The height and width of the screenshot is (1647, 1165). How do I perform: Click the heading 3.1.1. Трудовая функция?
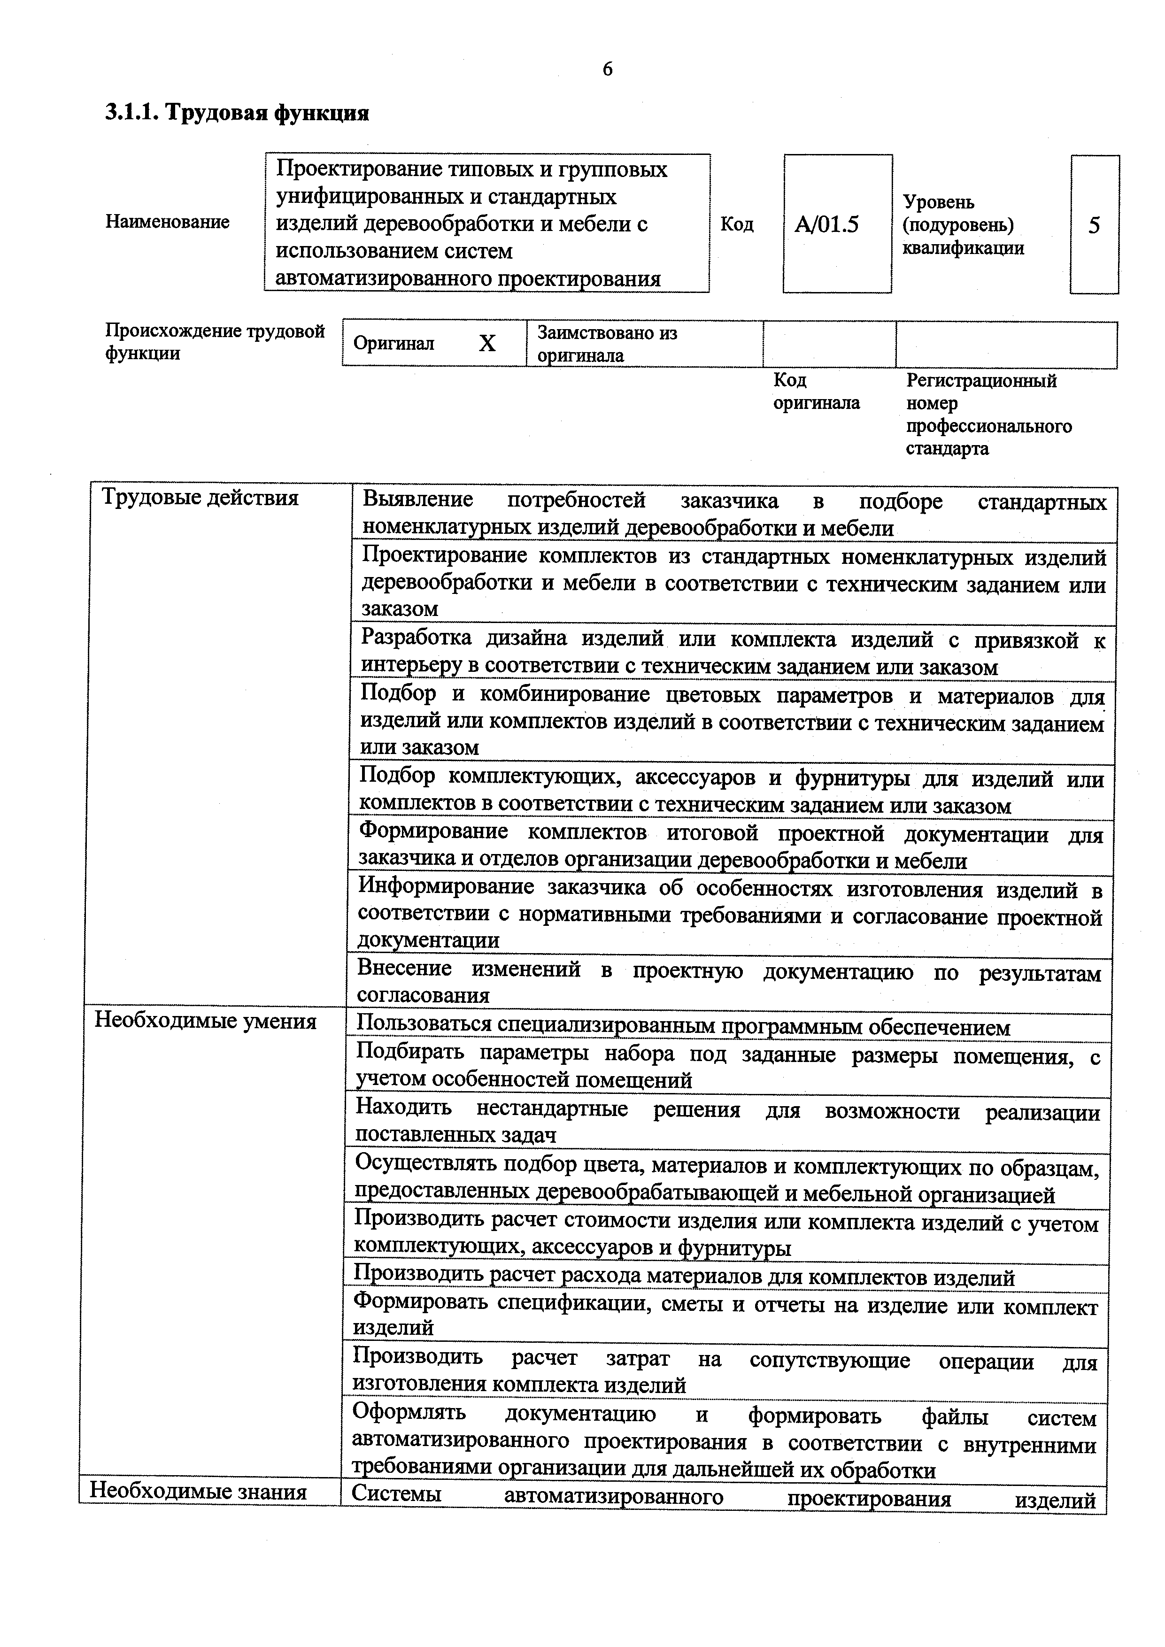tap(237, 113)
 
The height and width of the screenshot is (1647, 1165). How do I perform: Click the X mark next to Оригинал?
tap(487, 344)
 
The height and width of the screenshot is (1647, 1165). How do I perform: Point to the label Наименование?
tap(167, 222)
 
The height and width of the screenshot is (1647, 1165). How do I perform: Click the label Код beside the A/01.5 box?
tap(737, 224)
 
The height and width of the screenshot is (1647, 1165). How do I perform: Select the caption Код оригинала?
tap(816, 392)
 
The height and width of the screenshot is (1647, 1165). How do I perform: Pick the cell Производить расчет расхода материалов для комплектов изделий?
tap(685, 1278)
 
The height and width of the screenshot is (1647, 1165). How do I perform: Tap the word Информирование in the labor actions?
tap(446, 887)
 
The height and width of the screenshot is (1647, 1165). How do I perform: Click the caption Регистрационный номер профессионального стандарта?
tap(988, 415)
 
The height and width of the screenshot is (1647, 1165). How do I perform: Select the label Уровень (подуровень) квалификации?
tap(963, 225)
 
